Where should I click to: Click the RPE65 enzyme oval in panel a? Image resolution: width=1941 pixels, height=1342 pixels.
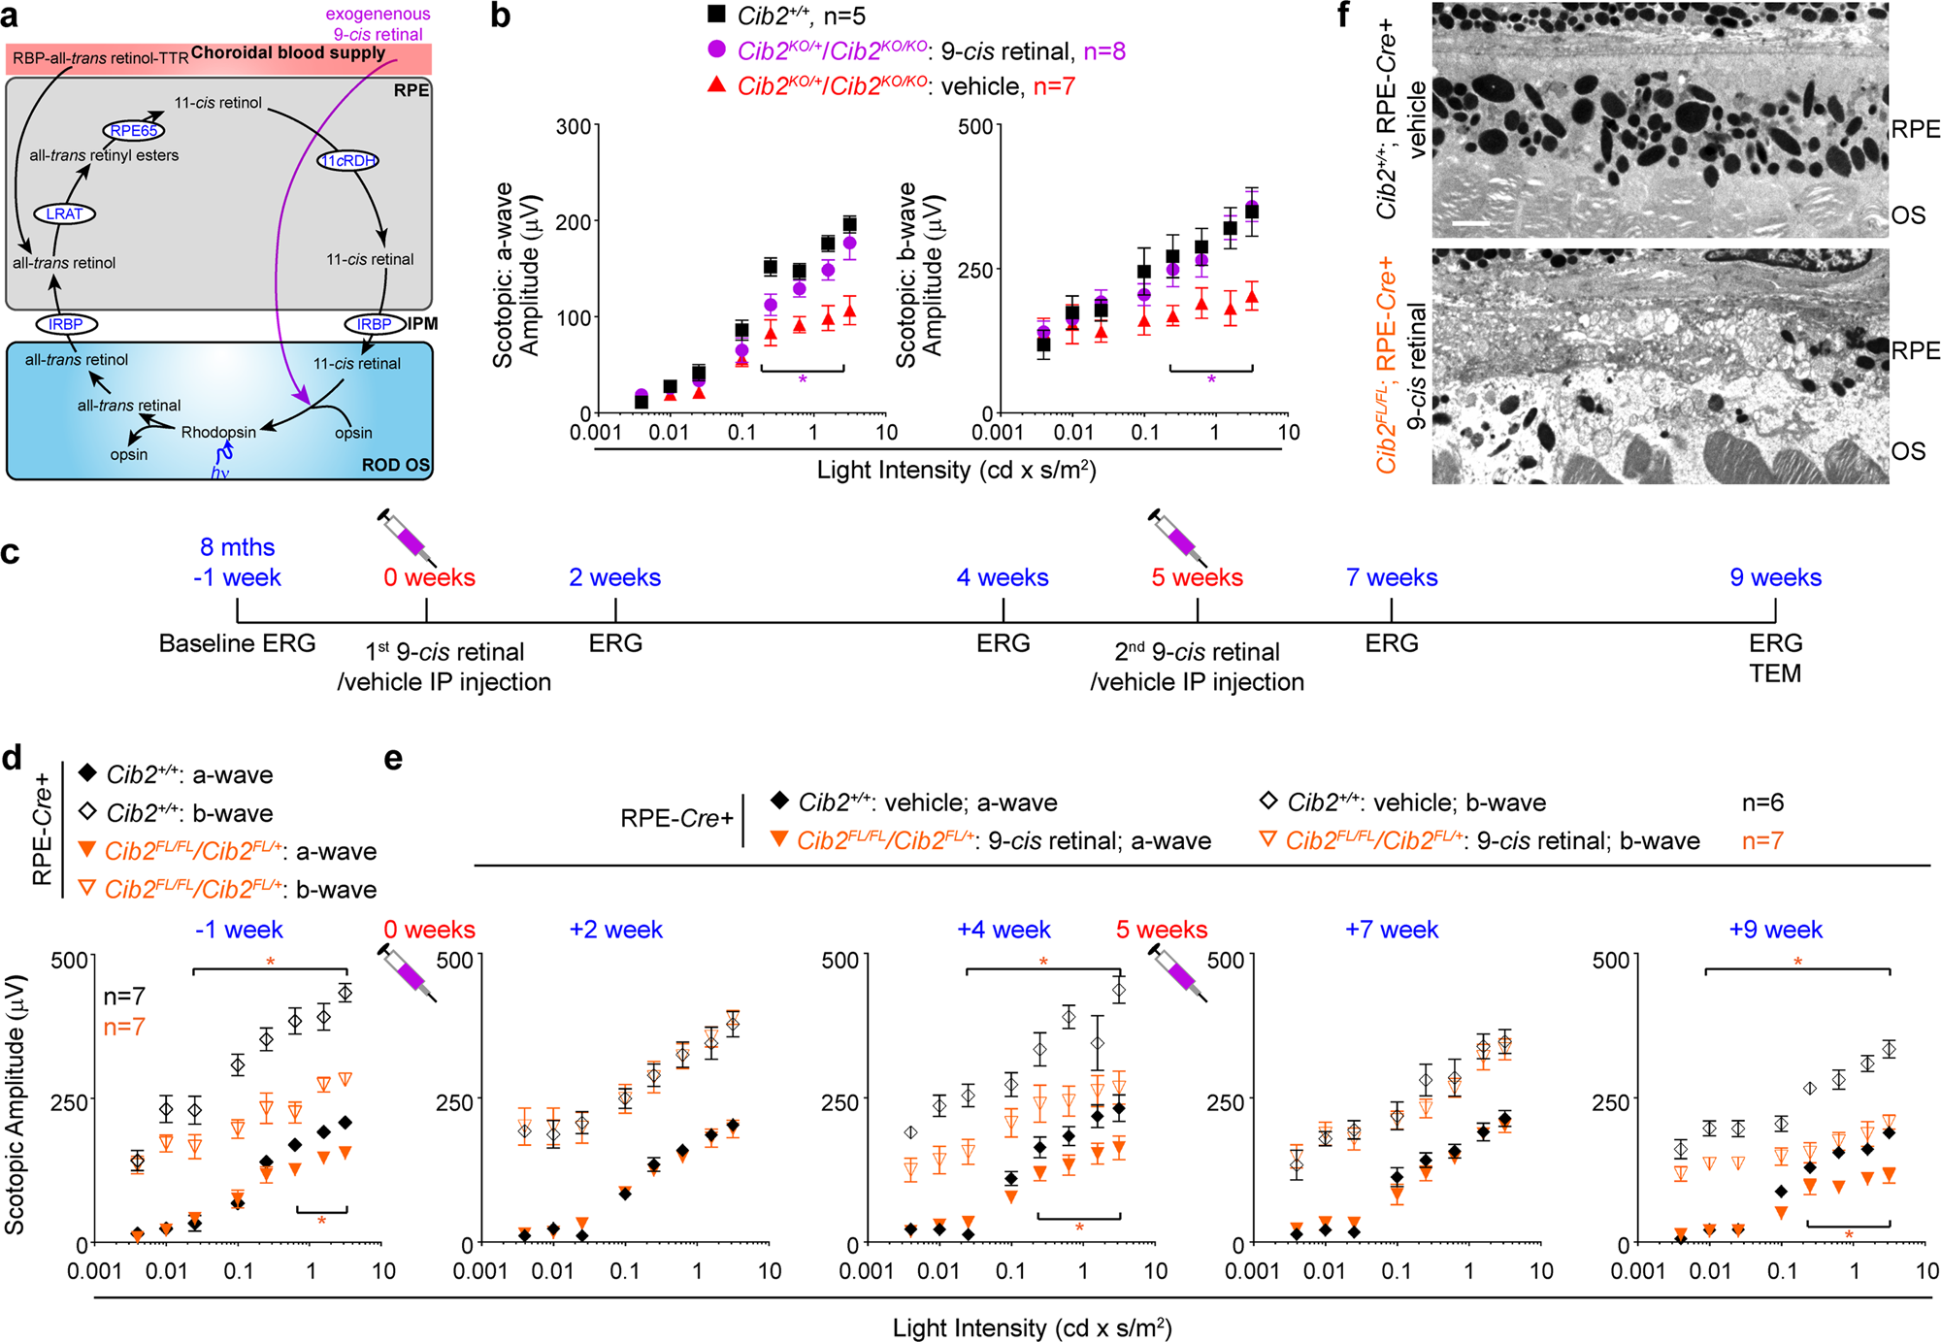coord(133,131)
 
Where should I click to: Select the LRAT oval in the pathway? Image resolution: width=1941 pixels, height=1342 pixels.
coord(64,213)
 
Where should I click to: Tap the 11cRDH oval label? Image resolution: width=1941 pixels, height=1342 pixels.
coord(347,161)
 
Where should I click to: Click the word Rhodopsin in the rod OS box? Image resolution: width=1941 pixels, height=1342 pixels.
coord(218,432)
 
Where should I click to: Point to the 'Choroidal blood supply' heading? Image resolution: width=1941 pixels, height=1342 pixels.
coord(288,52)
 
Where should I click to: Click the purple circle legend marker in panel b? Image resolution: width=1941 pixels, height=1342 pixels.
coord(716,49)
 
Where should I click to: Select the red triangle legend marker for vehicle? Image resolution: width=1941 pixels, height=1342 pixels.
coord(716,85)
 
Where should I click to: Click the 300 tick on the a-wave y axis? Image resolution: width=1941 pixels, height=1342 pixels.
coord(573,127)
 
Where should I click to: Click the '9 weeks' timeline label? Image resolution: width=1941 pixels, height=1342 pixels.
coord(1775,577)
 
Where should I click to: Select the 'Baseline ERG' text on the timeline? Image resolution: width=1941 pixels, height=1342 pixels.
coord(237,643)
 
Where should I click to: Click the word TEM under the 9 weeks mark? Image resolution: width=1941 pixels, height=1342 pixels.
coord(1775,673)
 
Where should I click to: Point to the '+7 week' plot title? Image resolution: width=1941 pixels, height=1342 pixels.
coord(1391,930)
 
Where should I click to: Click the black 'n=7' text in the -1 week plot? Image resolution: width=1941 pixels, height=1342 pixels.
coord(124,996)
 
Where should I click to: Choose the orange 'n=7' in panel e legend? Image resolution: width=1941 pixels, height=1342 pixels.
coord(1762,841)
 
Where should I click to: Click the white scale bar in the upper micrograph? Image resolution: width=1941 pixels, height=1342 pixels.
coord(1471,223)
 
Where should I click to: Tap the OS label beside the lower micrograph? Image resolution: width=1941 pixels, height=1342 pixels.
coord(1908,451)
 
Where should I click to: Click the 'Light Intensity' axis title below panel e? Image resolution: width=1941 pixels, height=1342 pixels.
coord(1031,1327)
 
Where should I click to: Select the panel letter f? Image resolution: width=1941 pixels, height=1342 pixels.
coord(1343,15)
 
